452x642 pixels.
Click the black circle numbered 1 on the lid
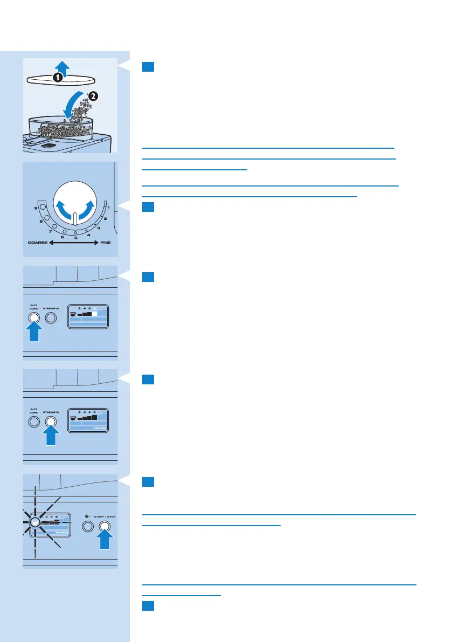58,78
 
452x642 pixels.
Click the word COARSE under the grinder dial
38,244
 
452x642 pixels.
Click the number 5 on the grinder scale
76,238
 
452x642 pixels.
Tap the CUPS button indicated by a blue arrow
33,318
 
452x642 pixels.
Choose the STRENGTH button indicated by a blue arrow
51,422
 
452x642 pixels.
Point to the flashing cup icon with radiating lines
34,522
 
